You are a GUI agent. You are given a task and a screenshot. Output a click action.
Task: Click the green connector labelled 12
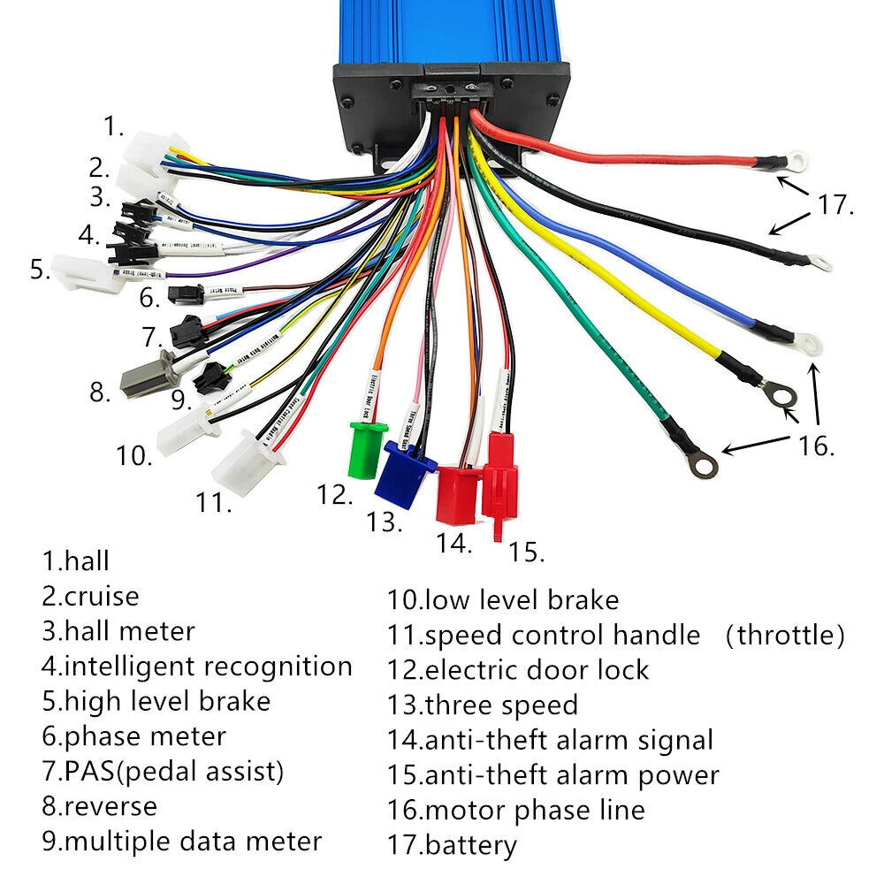369,452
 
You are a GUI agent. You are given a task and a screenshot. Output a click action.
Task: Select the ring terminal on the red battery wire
797,161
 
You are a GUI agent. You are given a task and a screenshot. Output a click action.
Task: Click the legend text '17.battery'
451,845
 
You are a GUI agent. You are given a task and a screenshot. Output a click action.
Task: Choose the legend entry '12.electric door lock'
517,669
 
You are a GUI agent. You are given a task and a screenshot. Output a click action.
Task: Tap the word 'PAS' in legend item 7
88,771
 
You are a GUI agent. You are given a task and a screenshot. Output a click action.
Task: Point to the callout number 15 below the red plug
525,552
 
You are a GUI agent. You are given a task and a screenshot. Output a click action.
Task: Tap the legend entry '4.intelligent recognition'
196,666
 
